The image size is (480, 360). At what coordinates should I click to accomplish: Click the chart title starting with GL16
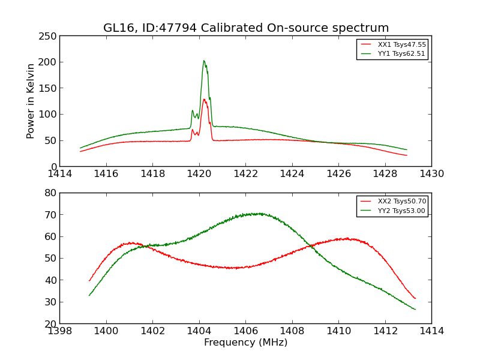click(246, 28)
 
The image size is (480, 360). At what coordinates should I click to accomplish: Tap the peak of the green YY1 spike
click(203, 61)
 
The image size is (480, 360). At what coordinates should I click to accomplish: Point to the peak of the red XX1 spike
click(204, 100)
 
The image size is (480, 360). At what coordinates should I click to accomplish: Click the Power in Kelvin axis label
click(31, 101)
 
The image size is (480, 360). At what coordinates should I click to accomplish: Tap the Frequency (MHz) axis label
click(245, 343)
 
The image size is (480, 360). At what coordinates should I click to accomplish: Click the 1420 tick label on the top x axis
click(199, 174)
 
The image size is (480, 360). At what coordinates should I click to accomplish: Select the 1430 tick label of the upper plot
click(431, 174)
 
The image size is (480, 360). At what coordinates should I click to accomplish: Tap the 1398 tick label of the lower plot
click(60, 331)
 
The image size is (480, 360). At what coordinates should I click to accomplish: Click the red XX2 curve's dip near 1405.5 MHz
click(234, 268)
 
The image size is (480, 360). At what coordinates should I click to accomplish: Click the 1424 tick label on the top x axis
click(292, 174)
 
